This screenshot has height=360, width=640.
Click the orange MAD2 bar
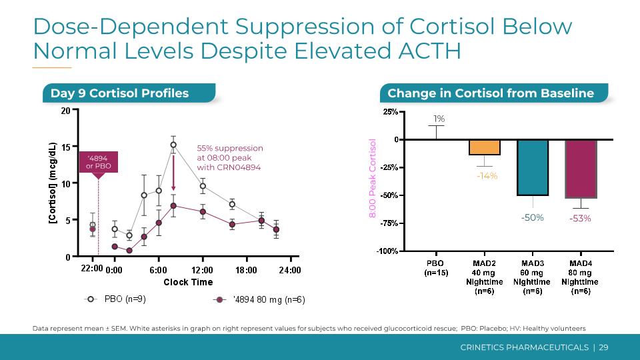[x=485, y=147]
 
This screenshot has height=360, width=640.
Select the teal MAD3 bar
[x=532, y=167]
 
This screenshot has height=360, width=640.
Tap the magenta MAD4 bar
[x=581, y=169]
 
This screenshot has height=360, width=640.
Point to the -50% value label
[x=532, y=217]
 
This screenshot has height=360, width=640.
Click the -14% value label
[x=487, y=176]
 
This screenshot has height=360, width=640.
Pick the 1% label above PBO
[x=439, y=119]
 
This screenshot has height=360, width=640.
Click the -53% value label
[x=580, y=218]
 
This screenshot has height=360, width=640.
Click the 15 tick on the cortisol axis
[x=65, y=147]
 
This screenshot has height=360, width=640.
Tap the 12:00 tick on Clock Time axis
[x=202, y=270]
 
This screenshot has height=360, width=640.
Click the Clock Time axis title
[x=188, y=282]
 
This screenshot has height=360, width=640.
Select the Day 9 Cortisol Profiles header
[x=120, y=93]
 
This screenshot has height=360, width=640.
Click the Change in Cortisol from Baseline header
[x=491, y=93]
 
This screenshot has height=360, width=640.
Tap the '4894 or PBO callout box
[x=98, y=162]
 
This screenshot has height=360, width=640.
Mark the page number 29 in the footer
[x=603, y=347]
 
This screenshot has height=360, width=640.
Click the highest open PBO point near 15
[x=173, y=145]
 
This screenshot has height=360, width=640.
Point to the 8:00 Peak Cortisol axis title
[x=373, y=177]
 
